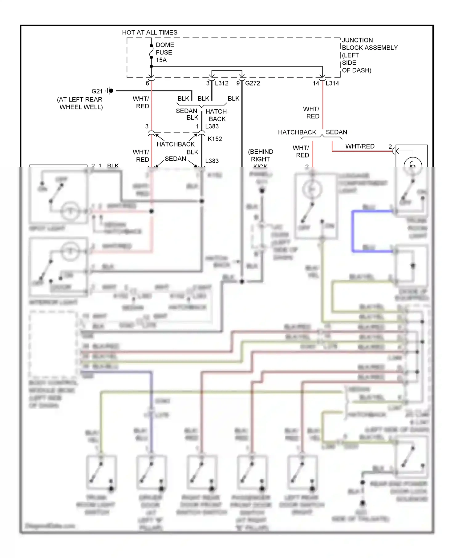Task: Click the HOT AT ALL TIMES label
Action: [150, 32]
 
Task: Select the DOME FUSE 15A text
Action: [164, 53]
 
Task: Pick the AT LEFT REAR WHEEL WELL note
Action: [80, 103]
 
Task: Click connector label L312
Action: [221, 83]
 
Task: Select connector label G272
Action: [253, 83]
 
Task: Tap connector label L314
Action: [332, 83]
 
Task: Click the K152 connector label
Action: [215, 139]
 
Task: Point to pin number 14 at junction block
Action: [316, 83]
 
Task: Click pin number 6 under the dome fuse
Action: [147, 83]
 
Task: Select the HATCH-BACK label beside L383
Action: [217, 115]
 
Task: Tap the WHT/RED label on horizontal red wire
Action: [360, 146]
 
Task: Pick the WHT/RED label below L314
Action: [311, 113]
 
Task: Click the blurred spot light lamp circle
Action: [70, 211]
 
